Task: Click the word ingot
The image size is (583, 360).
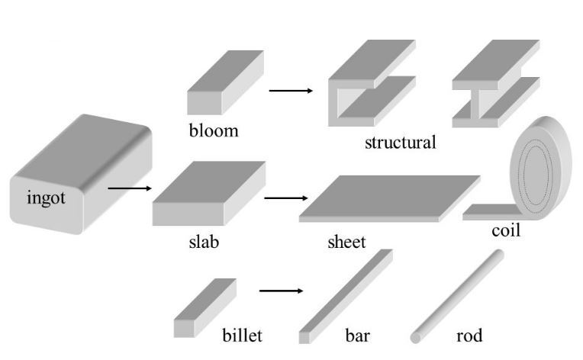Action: pos(47,200)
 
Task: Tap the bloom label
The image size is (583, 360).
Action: pos(214,130)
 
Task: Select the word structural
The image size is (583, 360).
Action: pos(400,143)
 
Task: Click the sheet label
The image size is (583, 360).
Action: pos(346,243)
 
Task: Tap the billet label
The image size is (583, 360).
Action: pos(242,336)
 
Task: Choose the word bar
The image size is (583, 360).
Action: pos(356,336)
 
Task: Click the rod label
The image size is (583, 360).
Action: pos(469,336)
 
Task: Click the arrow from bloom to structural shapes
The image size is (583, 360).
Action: pos(291,91)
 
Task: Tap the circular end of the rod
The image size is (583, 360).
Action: pos(417,336)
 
